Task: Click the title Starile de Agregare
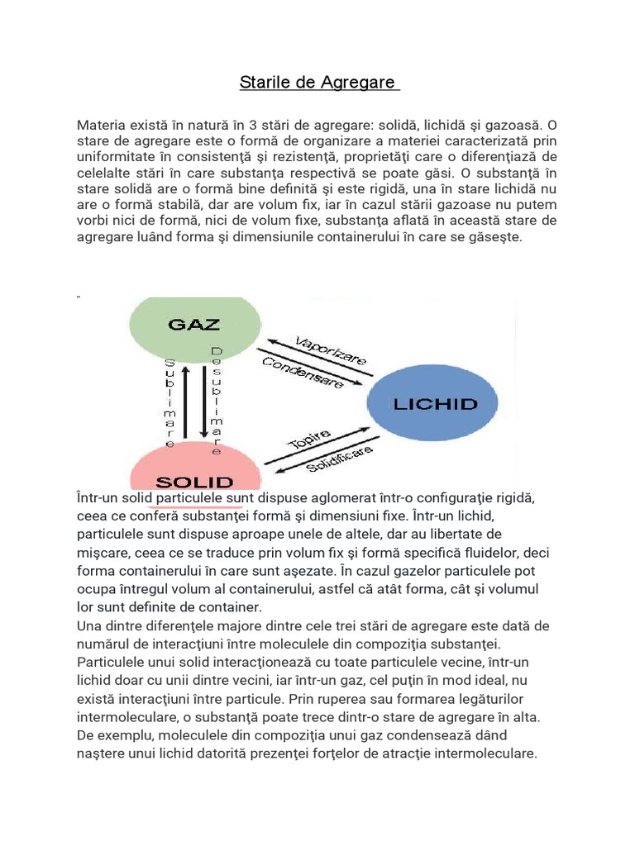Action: coord(319,83)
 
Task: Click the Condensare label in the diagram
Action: coord(303,373)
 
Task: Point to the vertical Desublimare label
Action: coord(217,400)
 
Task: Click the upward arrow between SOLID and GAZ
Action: coord(186,402)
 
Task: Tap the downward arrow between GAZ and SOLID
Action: coord(202,402)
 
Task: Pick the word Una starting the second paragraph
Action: coord(89,625)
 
